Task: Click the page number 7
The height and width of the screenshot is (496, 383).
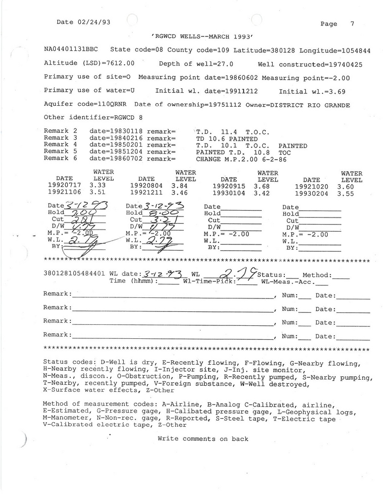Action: point(352,23)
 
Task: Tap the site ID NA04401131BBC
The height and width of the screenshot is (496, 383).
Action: point(71,50)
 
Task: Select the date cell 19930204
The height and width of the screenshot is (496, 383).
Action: point(311,193)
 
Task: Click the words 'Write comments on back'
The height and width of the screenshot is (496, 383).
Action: point(202,439)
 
